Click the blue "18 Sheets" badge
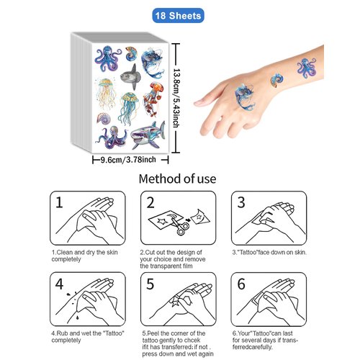179,14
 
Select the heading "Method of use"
179,179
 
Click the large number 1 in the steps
62,203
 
